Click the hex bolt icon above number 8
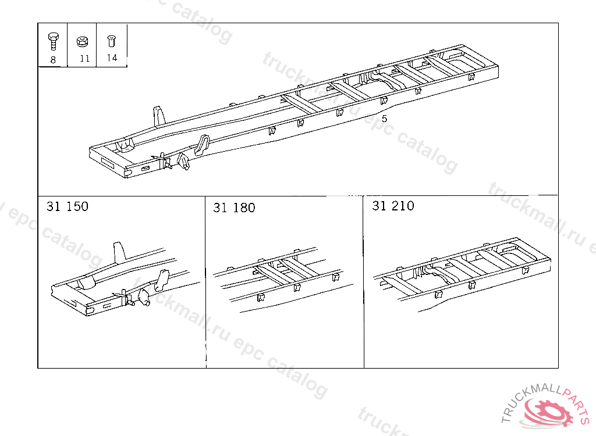(x=53, y=41)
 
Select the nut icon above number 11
(x=83, y=41)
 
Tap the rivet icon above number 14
(x=111, y=41)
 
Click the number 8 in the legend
(x=53, y=60)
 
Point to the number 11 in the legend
(x=85, y=59)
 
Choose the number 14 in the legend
(x=112, y=58)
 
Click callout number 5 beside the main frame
(x=384, y=119)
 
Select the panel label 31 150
(x=68, y=206)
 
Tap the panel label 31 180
(x=234, y=208)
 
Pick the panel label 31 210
(x=393, y=206)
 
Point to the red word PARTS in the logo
(x=577, y=403)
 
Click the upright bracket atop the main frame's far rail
(x=159, y=116)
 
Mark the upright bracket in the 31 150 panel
(x=119, y=251)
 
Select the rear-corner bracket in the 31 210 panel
(x=526, y=270)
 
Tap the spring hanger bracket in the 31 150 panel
(x=162, y=280)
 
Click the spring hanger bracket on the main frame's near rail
(x=202, y=144)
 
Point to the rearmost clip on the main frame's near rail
(x=471, y=77)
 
